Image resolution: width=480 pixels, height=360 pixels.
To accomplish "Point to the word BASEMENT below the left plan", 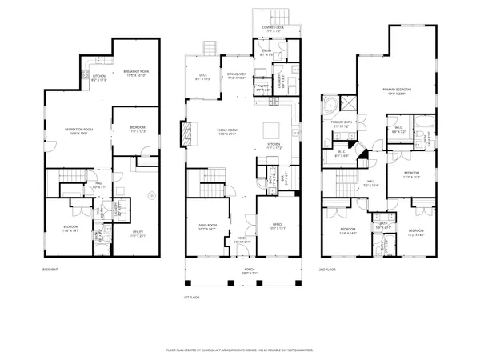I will pos(50,270).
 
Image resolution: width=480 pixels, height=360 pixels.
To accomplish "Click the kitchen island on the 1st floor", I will pos(273,130).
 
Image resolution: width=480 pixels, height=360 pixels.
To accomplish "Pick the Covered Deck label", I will pos(274,27).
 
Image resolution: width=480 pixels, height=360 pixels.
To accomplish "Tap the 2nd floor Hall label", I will pos(372,183).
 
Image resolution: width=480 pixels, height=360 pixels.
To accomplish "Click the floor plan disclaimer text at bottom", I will pos(239,350).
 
